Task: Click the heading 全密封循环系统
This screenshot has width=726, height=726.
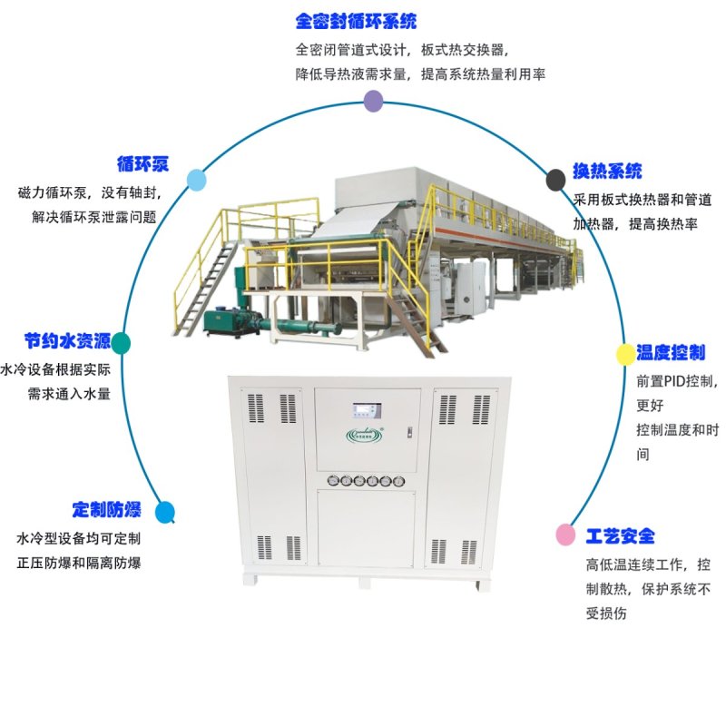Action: (356, 21)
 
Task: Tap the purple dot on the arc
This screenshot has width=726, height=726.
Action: (373, 101)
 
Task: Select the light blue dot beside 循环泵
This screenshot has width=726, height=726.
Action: (196, 180)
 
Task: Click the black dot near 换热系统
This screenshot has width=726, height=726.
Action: (555, 180)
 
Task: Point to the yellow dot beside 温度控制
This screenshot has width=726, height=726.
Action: (625, 354)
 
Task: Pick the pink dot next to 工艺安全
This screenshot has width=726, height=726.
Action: (565, 535)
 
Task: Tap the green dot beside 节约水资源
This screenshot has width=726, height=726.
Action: (121, 343)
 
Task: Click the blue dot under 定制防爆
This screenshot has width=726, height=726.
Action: (165, 512)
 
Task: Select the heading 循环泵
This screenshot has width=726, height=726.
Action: (142, 164)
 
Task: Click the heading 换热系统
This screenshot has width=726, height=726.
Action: (607, 171)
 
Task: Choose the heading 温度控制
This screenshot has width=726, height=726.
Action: (671, 352)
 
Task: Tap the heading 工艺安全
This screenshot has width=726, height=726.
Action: (621, 536)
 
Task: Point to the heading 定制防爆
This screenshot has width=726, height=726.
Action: (106, 509)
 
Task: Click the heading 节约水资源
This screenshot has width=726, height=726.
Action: (67, 341)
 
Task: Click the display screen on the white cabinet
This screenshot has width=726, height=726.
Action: (367, 410)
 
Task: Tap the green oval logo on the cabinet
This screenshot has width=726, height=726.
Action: (365, 436)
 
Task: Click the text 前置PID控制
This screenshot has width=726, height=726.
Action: (676, 381)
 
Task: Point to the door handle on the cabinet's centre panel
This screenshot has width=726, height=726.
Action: (409, 433)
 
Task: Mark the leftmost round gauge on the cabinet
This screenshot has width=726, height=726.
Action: (333, 481)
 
